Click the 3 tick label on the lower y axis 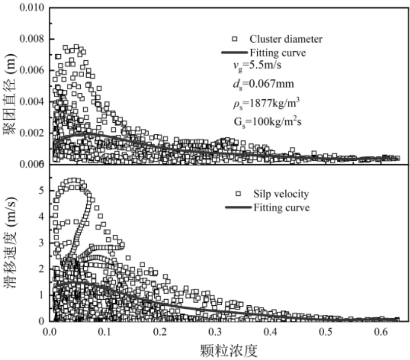(x=41, y=242)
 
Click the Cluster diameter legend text (x=286, y=39)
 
